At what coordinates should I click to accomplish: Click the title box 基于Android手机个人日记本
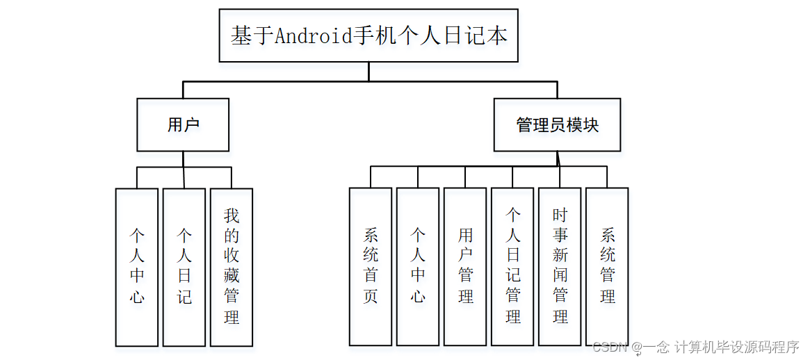pyautogui.click(x=368, y=35)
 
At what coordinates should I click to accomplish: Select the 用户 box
pyautogui.click(x=183, y=125)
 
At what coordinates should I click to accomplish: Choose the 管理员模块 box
pyautogui.click(x=557, y=125)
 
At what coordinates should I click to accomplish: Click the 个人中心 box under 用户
pyautogui.click(x=137, y=267)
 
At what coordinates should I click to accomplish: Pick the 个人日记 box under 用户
pyautogui.click(x=184, y=267)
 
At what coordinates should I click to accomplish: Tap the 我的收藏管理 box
pyautogui.click(x=232, y=267)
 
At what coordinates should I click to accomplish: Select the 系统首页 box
pyautogui.click(x=371, y=267)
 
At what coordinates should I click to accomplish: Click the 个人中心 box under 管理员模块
pyautogui.click(x=418, y=267)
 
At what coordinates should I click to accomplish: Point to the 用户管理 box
pyautogui.click(x=465, y=267)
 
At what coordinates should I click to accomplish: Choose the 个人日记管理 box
pyautogui.click(x=513, y=267)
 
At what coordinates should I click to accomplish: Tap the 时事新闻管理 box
pyautogui.click(x=560, y=267)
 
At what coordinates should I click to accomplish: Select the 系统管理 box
pyautogui.click(x=607, y=267)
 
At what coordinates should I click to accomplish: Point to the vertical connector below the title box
pyautogui.click(x=368, y=72)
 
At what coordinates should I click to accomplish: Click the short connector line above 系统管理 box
pyautogui.click(x=607, y=177)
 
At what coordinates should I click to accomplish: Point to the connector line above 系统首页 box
pyautogui.click(x=371, y=177)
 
